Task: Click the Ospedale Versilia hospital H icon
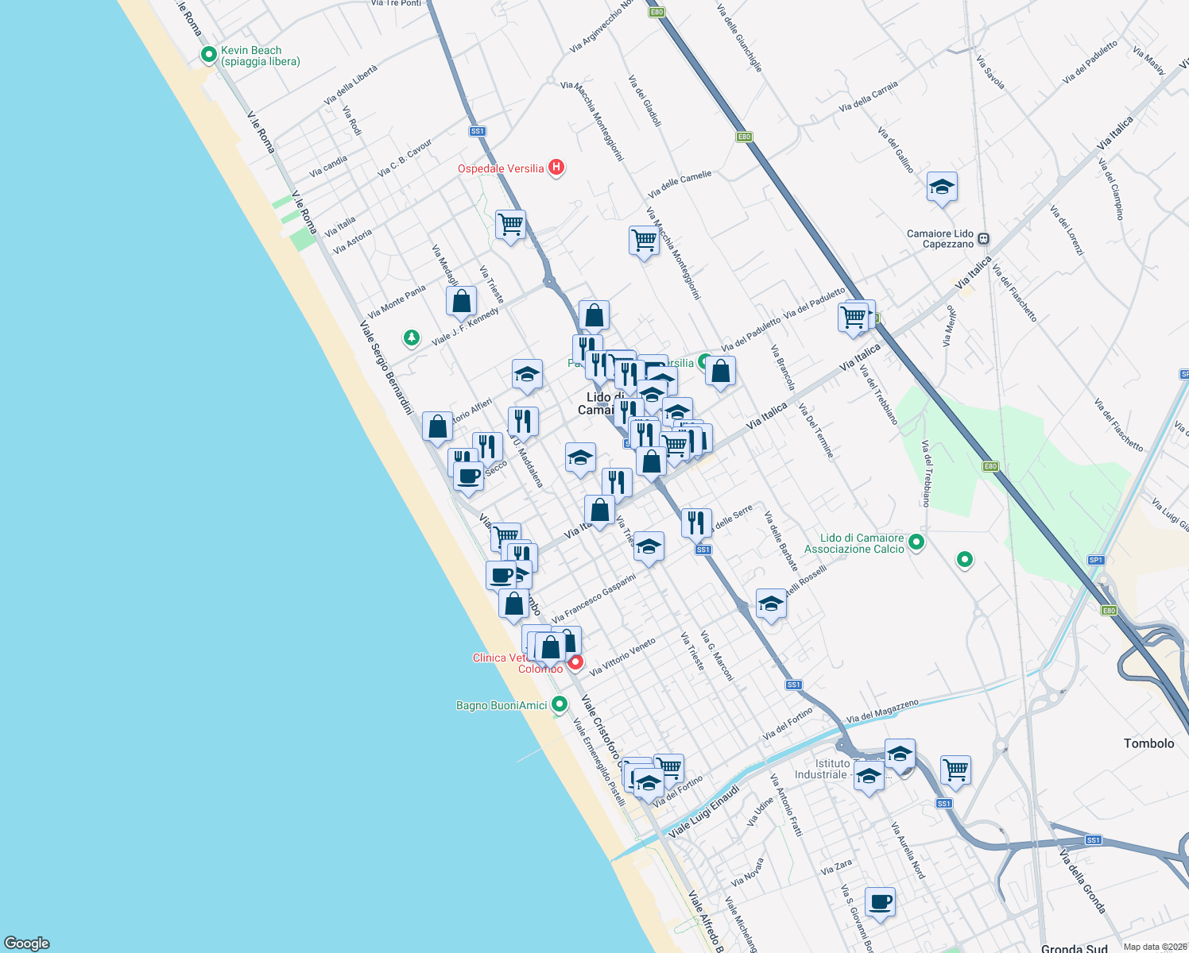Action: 556,168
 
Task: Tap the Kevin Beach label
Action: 260,56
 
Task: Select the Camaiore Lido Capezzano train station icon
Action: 984,238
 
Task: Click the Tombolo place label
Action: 1148,743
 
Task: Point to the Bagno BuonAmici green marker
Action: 560,704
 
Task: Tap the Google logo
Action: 27,943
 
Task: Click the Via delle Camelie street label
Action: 680,185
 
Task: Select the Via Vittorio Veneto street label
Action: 623,657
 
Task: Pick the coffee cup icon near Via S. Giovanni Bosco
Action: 880,902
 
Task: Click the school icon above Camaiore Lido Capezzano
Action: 942,187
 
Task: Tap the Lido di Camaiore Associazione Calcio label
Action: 854,543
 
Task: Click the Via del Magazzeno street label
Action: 882,711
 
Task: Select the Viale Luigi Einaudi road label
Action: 704,811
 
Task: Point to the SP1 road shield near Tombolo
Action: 1096,560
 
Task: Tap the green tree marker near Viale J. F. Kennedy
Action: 411,338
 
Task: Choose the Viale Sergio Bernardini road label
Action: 386,367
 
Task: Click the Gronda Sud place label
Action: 1074,947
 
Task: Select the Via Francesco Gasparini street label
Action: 594,598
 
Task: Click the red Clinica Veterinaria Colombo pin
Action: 575,662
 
